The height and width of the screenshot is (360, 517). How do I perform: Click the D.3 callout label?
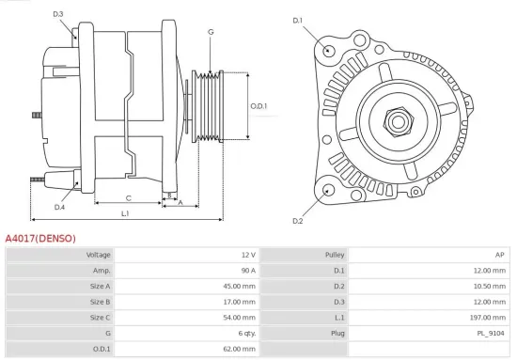(x=58, y=14)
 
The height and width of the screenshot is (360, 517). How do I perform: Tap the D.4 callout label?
(x=59, y=207)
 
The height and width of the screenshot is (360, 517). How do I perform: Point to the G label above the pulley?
(x=211, y=32)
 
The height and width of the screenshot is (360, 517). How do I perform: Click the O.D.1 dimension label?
(x=258, y=106)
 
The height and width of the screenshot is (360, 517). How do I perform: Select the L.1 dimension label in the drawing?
(x=125, y=213)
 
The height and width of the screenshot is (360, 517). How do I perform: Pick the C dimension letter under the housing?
(x=128, y=198)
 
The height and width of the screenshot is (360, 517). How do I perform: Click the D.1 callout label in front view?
(x=298, y=21)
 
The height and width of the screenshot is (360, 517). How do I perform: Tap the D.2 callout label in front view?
(x=298, y=221)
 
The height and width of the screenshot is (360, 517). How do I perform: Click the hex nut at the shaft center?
(x=399, y=122)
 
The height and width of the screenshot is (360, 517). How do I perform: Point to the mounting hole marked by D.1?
(x=328, y=51)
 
